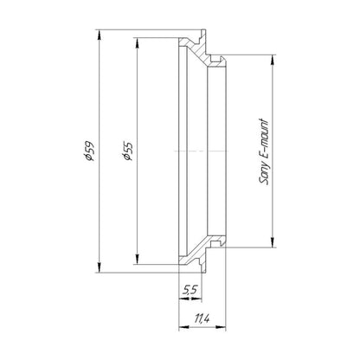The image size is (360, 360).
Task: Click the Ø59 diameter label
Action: tap(88, 151)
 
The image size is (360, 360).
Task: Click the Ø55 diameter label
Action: tap(127, 151)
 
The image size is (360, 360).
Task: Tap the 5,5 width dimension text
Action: tap(190, 289)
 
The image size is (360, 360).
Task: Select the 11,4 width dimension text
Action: tap(202, 318)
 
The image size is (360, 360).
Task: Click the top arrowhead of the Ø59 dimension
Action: tap(100, 35)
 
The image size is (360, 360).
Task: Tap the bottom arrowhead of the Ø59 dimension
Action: tap(100, 267)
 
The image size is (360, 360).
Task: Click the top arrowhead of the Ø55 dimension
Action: tap(138, 43)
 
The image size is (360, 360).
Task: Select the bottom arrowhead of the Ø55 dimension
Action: tap(138, 259)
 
